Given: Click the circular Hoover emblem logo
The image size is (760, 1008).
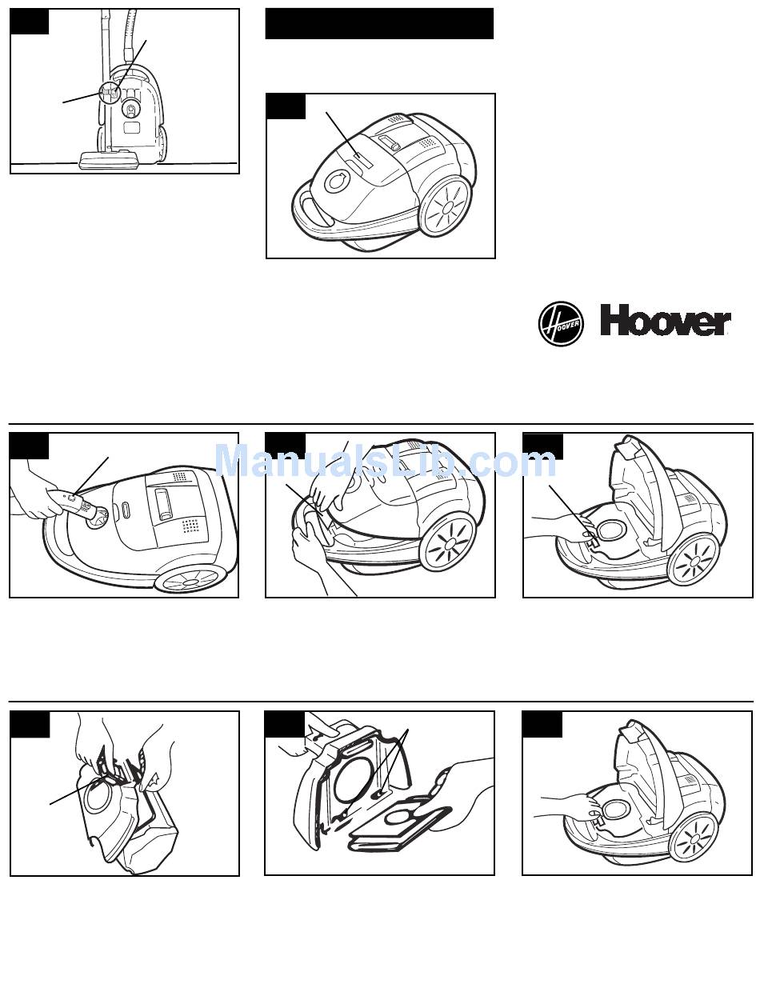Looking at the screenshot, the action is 561,324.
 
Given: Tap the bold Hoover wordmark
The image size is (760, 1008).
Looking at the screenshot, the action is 665,323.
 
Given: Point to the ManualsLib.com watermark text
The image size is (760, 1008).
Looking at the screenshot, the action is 385,462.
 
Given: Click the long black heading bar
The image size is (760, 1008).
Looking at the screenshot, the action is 379,24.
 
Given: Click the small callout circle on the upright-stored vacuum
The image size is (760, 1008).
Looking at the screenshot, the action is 110,93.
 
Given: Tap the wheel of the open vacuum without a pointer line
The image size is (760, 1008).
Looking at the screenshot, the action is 694,838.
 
